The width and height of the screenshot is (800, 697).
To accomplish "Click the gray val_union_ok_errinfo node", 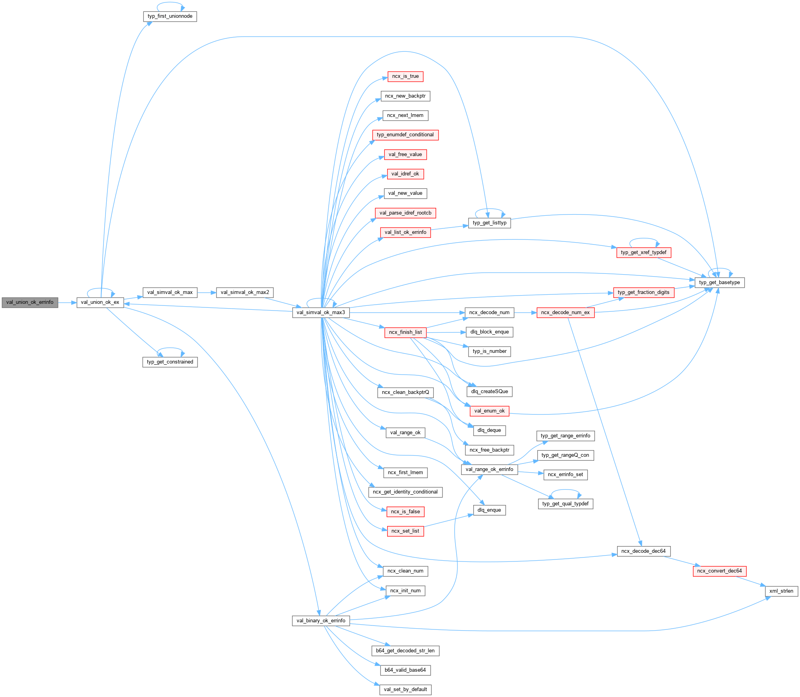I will coord(30,303).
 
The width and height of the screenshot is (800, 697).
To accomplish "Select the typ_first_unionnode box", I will coord(170,17).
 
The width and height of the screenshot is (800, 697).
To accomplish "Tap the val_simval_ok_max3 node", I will coord(320,313).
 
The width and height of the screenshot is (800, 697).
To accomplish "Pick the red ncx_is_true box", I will coord(405,77).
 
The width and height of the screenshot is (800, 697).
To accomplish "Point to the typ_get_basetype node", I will coord(719,283).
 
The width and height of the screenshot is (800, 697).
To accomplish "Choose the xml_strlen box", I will coord(781,591).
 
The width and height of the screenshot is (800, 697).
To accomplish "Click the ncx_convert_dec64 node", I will coord(719,571).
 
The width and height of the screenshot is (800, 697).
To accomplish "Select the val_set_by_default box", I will coord(405,689).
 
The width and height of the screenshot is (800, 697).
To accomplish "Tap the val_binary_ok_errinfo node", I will coord(321,621).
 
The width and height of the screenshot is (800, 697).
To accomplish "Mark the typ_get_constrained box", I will coord(170,362).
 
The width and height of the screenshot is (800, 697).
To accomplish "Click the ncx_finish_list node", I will coord(405,332).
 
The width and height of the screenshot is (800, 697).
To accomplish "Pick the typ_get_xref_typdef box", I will coord(644,252).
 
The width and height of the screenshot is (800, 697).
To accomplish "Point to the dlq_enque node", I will coord(489,510).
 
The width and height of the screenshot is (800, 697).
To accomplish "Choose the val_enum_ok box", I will coord(489,411).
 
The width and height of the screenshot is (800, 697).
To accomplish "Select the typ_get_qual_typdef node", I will coord(565,504).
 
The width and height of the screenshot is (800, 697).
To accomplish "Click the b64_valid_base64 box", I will coord(405,670).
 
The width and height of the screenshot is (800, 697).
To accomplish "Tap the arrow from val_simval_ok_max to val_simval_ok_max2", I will coord(207,293).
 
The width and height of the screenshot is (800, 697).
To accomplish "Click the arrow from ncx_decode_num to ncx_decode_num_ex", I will coord(525,313).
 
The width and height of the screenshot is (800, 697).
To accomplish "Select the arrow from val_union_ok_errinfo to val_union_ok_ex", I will coord(67,303).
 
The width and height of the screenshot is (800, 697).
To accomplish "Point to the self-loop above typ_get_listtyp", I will coord(490,209).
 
